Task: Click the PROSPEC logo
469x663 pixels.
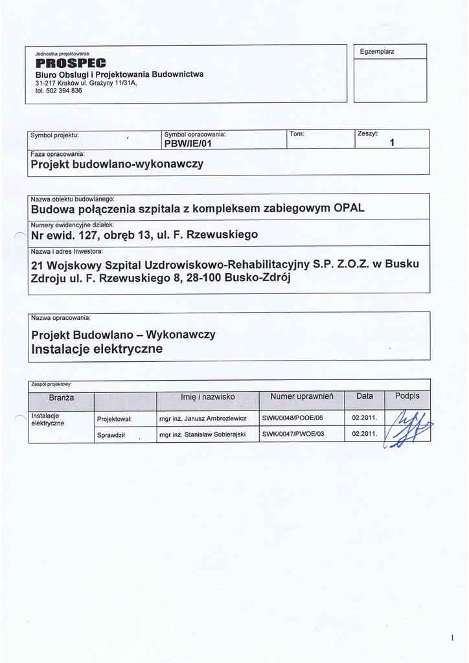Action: point(65,63)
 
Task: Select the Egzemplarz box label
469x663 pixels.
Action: point(377,51)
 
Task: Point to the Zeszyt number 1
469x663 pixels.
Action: point(392,143)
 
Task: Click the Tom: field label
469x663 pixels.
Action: point(297,134)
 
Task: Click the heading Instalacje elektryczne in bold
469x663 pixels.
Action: point(97,350)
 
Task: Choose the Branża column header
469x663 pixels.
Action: point(62,397)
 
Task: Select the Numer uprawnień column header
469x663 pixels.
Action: point(301,396)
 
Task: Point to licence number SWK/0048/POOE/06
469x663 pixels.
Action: point(292,418)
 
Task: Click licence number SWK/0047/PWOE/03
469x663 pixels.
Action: point(292,434)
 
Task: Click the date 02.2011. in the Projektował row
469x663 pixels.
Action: point(364,418)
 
